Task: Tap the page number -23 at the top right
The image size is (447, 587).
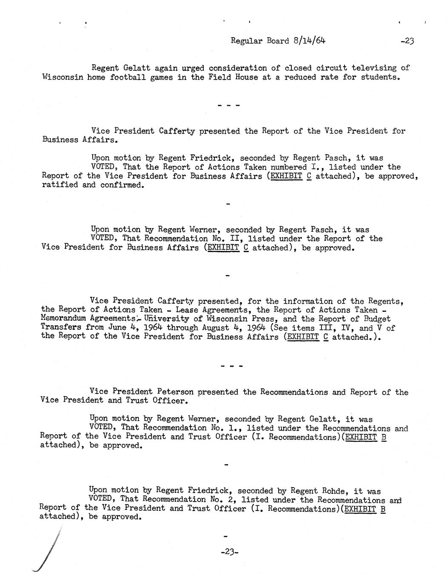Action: pos(407,41)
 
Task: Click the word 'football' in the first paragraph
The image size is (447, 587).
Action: pos(128,77)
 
